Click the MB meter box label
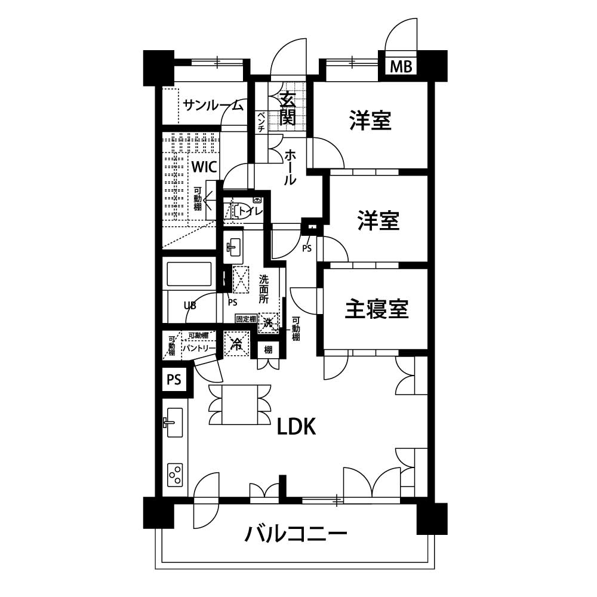pyautogui.click(x=401, y=67)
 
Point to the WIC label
pyautogui.click(x=204, y=167)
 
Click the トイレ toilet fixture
pyautogui.click(x=240, y=211)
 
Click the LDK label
pyautogui.click(x=296, y=427)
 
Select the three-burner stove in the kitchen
pyautogui.click(x=175, y=475)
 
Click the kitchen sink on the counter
pyautogui.click(x=174, y=422)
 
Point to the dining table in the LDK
pyautogui.click(x=240, y=404)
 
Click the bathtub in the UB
pyautogui.click(x=189, y=273)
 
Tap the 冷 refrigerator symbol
pyautogui.click(x=236, y=344)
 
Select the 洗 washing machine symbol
pyautogui.click(x=269, y=323)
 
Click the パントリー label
pyautogui.click(x=199, y=348)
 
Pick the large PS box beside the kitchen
pyautogui.click(x=174, y=379)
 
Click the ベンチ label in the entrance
pyautogui.click(x=261, y=122)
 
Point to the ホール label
pyautogui.click(x=290, y=168)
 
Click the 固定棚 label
pyautogui.click(x=246, y=319)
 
